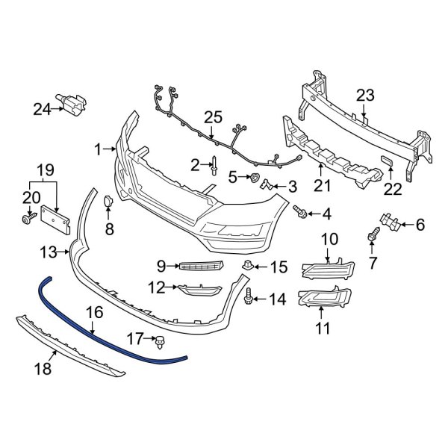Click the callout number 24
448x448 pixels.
pos(42,110)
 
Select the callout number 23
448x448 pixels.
pos(364,95)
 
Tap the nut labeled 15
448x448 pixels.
pos(246,265)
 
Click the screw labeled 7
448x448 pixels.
pos(371,237)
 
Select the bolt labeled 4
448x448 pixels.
pos(301,214)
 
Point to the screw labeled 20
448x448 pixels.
pos(28,218)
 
